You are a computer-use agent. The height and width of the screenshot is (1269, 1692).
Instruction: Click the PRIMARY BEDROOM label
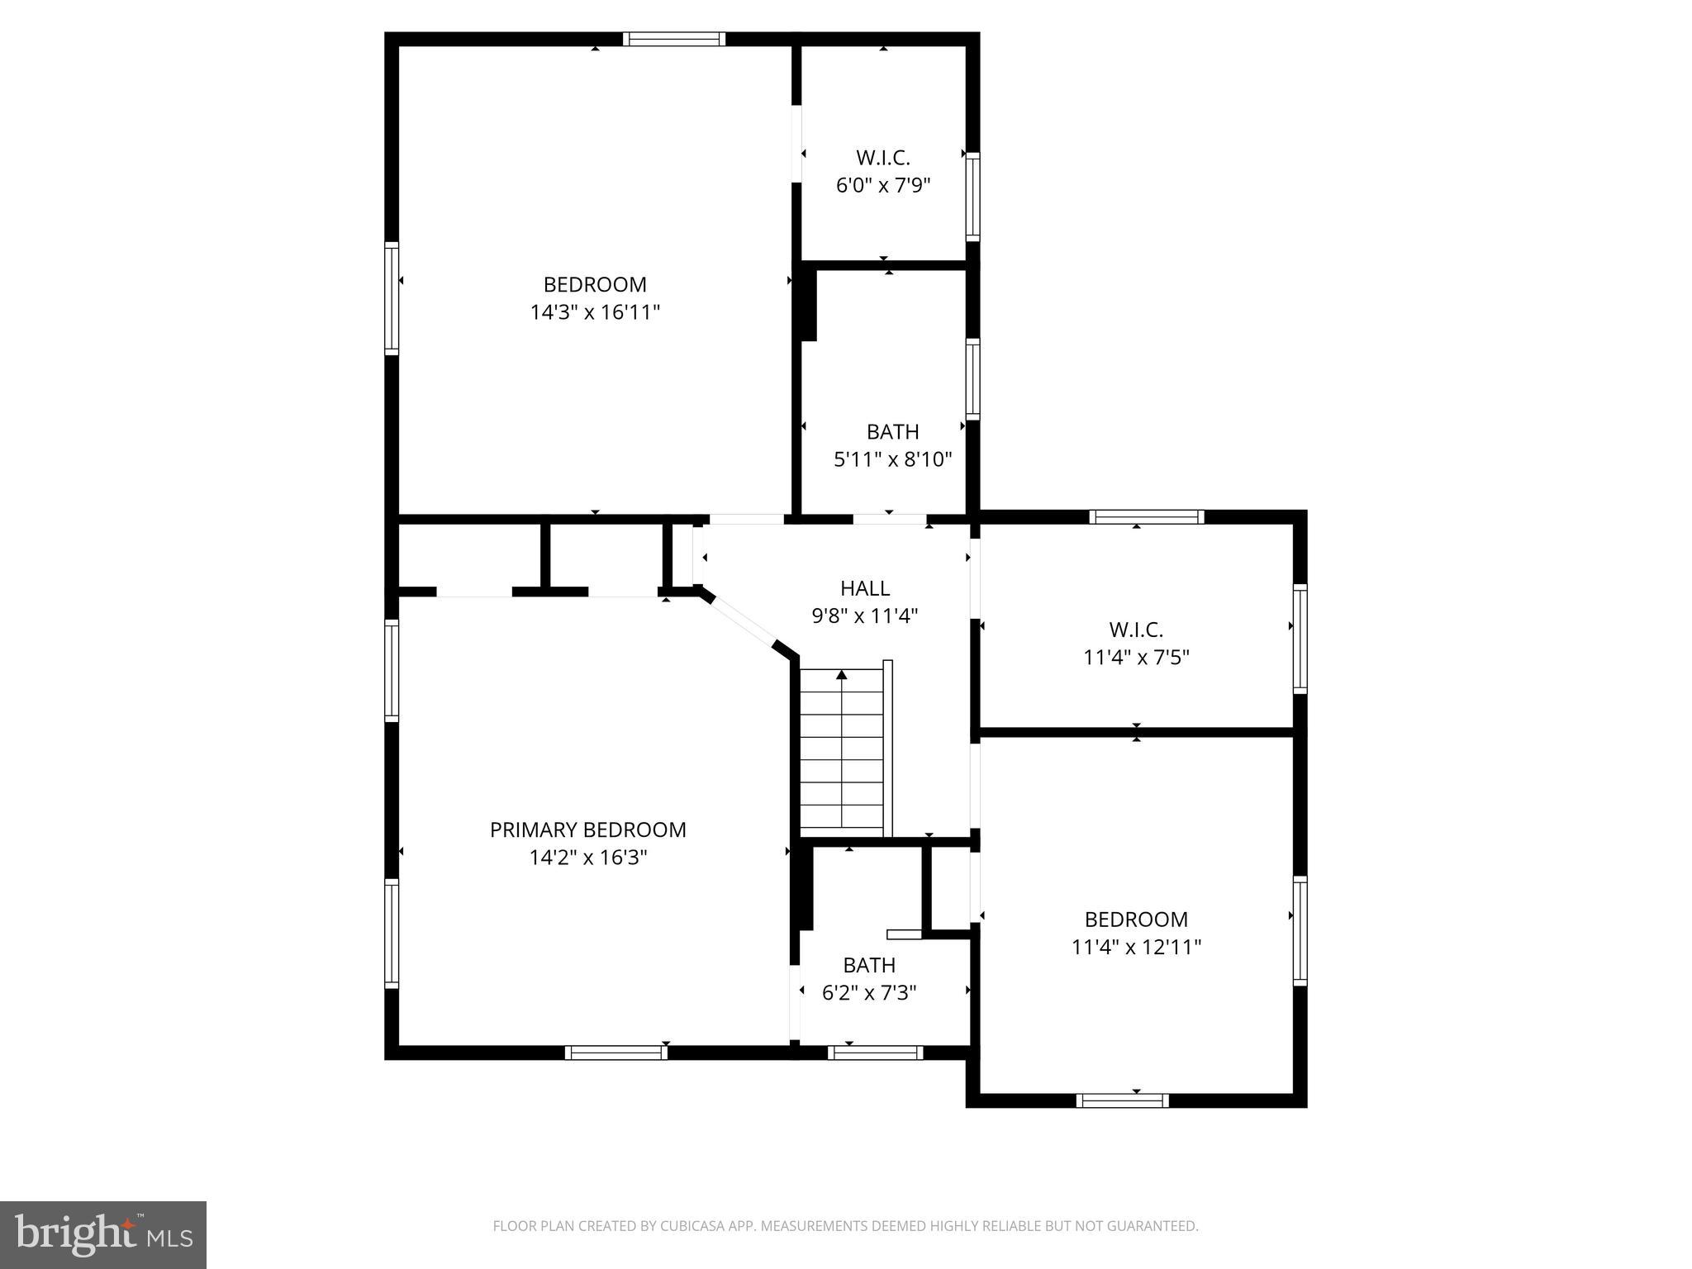coord(587,829)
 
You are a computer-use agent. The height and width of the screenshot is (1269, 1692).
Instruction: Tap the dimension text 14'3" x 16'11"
coord(595,312)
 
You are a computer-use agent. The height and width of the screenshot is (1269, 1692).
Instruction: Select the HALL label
coord(864,588)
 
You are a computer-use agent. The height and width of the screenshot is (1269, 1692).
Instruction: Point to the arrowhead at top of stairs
coord(842,675)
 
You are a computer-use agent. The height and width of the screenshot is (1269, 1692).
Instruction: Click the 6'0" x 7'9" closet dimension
coord(883,185)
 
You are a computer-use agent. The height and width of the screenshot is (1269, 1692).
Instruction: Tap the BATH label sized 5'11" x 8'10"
coord(892,431)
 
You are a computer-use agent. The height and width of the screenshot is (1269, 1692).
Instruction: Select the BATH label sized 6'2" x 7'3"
coord(869,965)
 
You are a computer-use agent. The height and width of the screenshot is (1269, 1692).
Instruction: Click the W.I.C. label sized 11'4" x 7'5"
coord(1136,630)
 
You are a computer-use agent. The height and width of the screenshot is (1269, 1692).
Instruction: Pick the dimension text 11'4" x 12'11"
coord(1136,947)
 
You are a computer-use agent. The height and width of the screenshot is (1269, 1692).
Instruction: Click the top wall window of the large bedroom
coord(674,39)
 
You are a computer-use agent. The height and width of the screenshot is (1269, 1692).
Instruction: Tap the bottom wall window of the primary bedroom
coord(616,1053)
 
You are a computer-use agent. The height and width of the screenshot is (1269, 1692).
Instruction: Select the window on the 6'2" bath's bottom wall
coord(875,1053)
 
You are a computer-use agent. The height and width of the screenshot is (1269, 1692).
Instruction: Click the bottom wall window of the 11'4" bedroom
coord(1122,1100)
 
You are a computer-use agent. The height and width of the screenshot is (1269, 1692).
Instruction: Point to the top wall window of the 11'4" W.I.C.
coord(1146,517)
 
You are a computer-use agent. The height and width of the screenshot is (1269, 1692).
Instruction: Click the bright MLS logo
coord(103,1234)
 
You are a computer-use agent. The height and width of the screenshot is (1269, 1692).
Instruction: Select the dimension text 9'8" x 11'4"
coord(864,616)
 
